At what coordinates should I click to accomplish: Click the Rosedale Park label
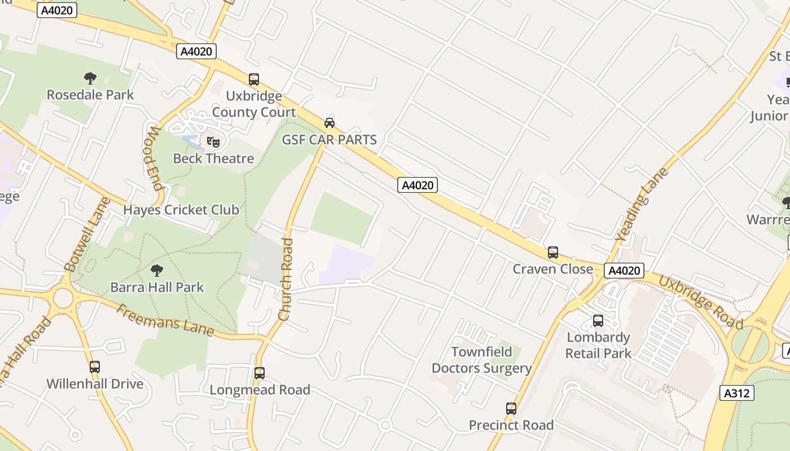pyautogui.click(x=90, y=95)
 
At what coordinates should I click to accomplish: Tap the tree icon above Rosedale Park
pyautogui.click(x=90, y=78)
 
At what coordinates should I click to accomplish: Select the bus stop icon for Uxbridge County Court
pyautogui.click(x=254, y=79)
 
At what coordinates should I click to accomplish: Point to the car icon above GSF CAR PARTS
pyautogui.click(x=329, y=123)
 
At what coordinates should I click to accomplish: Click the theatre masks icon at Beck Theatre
pyautogui.click(x=213, y=142)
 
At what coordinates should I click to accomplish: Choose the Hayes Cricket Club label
pyautogui.click(x=181, y=210)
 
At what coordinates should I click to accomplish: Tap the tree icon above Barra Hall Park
pyautogui.click(x=157, y=271)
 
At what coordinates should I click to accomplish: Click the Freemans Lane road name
pyautogui.click(x=165, y=320)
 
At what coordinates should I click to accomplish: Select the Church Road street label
pyautogui.click(x=286, y=280)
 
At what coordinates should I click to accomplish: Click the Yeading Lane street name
pyautogui.click(x=642, y=205)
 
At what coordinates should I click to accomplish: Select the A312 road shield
pyautogui.click(x=737, y=393)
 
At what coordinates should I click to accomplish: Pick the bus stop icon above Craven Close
pyautogui.click(x=553, y=253)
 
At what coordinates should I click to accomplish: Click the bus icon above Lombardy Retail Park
pyautogui.click(x=598, y=321)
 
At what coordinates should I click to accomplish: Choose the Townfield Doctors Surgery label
pyautogui.click(x=481, y=360)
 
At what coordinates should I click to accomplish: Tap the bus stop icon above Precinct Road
pyautogui.click(x=511, y=409)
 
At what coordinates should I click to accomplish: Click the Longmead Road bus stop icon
pyautogui.click(x=260, y=373)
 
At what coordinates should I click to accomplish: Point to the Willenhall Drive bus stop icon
pyautogui.click(x=95, y=367)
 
